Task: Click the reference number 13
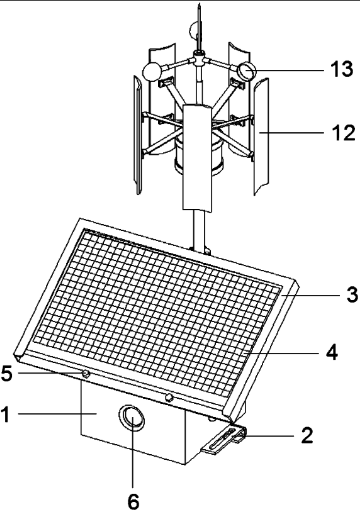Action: tap(342, 69)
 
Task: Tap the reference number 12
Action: tap(343, 133)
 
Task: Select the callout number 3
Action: tap(352, 295)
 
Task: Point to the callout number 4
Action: tap(332, 352)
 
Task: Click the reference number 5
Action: tap(7, 373)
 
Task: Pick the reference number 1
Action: tap(5, 415)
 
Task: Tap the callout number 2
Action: tap(307, 435)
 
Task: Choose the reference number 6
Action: tap(133, 501)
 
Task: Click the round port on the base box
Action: tap(132, 418)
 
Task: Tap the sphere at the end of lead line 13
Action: tap(247, 72)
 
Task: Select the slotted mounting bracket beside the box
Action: tap(225, 440)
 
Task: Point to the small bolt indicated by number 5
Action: tap(86, 374)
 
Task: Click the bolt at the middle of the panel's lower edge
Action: tap(169, 398)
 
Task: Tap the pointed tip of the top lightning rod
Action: tap(199, 4)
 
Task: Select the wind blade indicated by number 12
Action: tap(261, 136)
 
